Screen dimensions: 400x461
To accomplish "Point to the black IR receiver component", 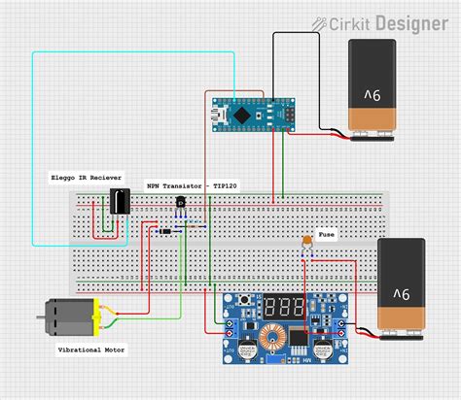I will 119,202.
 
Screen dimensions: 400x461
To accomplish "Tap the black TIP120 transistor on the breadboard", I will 180,203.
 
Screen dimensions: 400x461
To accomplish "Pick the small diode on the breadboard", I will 165,231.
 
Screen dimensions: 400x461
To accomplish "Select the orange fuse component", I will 307,239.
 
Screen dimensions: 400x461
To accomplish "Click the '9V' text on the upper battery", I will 371,95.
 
